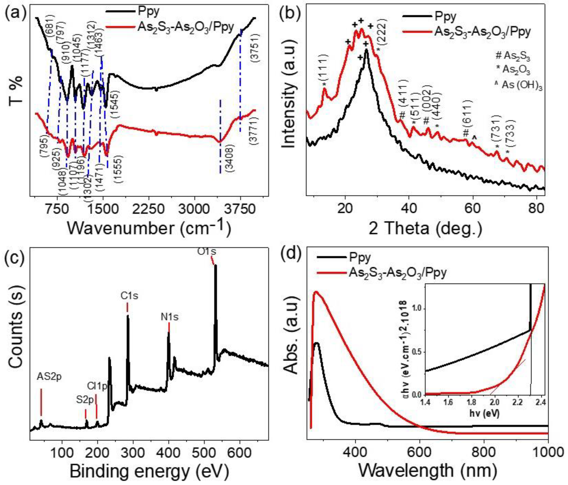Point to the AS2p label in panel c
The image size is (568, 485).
click(49, 377)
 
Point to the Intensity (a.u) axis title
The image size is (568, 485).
click(289, 99)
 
